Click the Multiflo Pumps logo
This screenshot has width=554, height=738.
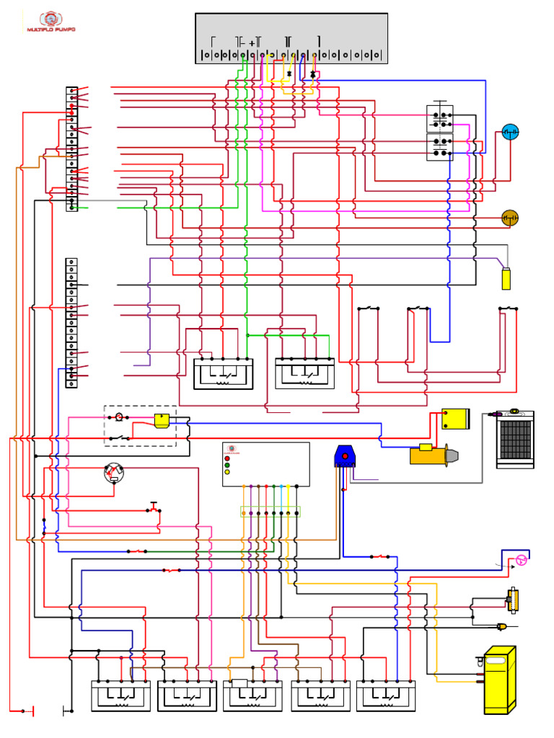click(x=50, y=22)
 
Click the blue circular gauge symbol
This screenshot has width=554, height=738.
click(x=510, y=132)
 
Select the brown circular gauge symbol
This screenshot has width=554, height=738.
click(x=510, y=218)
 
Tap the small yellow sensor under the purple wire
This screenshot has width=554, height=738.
click(x=506, y=278)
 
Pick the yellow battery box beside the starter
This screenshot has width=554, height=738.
click(x=456, y=419)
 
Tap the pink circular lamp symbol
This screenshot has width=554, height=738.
click(x=522, y=561)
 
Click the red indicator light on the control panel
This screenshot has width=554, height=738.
click(x=227, y=458)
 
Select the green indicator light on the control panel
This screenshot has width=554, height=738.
click(x=227, y=466)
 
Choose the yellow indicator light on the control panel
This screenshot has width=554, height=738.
click(x=227, y=473)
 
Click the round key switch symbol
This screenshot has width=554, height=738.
click(x=114, y=473)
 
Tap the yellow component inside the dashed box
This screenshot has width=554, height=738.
click(x=162, y=421)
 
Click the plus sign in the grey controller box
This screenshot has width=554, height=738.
click(x=252, y=43)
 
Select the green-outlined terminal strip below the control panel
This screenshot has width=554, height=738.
click(x=270, y=512)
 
